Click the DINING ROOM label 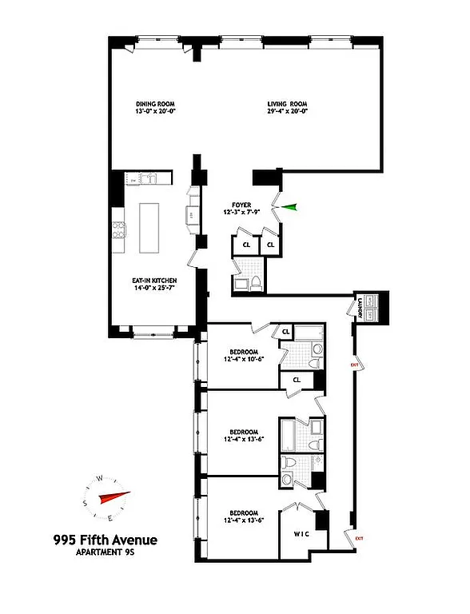click(154, 104)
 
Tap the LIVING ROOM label click(286, 104)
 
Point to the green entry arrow click(288, 207)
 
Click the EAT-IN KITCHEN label click(154, 281)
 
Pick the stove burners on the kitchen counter click(117, 229)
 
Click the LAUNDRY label click(361, 308)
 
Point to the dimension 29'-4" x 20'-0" click(286, 112)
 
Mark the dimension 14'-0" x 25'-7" click(154, 289)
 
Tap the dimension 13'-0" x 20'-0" click(154, 112)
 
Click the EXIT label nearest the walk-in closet click(359, 537)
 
